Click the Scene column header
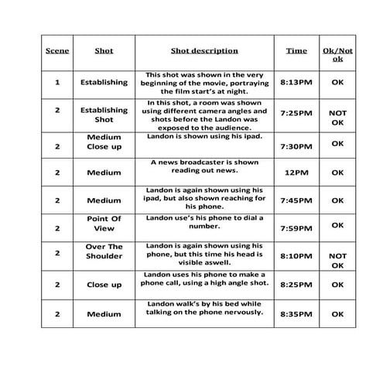(57, 51)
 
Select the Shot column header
(104, 51)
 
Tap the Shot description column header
(204, 51)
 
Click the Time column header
(296, 51)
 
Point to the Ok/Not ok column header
(337, 55)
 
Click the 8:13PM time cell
(296, 81)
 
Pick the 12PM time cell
(296, 173)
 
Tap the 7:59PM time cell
(296, 227)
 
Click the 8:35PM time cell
(296, 314)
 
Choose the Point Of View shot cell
(104, 224)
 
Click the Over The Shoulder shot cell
(104, 251)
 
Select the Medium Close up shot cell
(104, 142)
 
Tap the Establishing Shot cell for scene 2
(104, 115)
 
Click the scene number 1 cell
(57, 81)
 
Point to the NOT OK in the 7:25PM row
(337, 118)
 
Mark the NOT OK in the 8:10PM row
(337, 261)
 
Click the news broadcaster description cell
(204, 167)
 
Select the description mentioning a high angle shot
(204, 279)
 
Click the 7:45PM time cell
(296, 200)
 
